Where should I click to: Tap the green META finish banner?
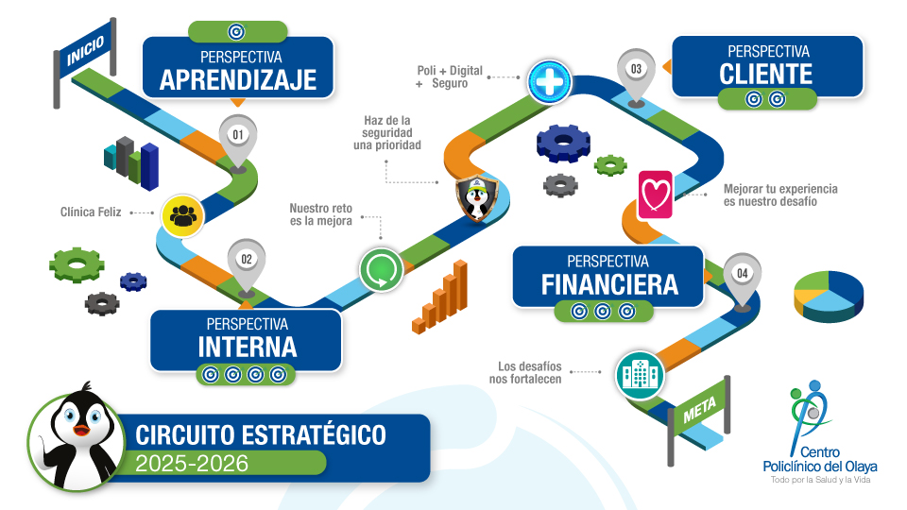699,410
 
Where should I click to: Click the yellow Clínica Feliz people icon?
182,215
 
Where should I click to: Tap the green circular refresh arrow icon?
381,269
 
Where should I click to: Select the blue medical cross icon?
550,81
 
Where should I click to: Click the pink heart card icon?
656,195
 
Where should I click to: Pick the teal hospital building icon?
640,375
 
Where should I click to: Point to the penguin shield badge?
476,198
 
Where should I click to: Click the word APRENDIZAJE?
238,80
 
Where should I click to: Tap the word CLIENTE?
766,75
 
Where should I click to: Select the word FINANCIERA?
609,285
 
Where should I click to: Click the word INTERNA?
248,348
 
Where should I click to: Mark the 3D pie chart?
829,296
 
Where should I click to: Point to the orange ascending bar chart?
440,297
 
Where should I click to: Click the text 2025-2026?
192,464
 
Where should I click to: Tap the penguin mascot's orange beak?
81,430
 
